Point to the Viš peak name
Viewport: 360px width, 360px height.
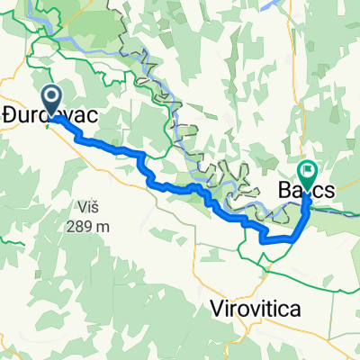88,208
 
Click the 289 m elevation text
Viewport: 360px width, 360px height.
87,226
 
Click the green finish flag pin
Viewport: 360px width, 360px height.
308,170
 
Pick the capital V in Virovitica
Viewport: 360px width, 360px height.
216,309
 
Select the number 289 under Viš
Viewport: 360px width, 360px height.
80,226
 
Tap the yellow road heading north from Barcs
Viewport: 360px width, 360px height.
317,153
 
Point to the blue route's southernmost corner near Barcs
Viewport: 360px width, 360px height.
263,240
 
